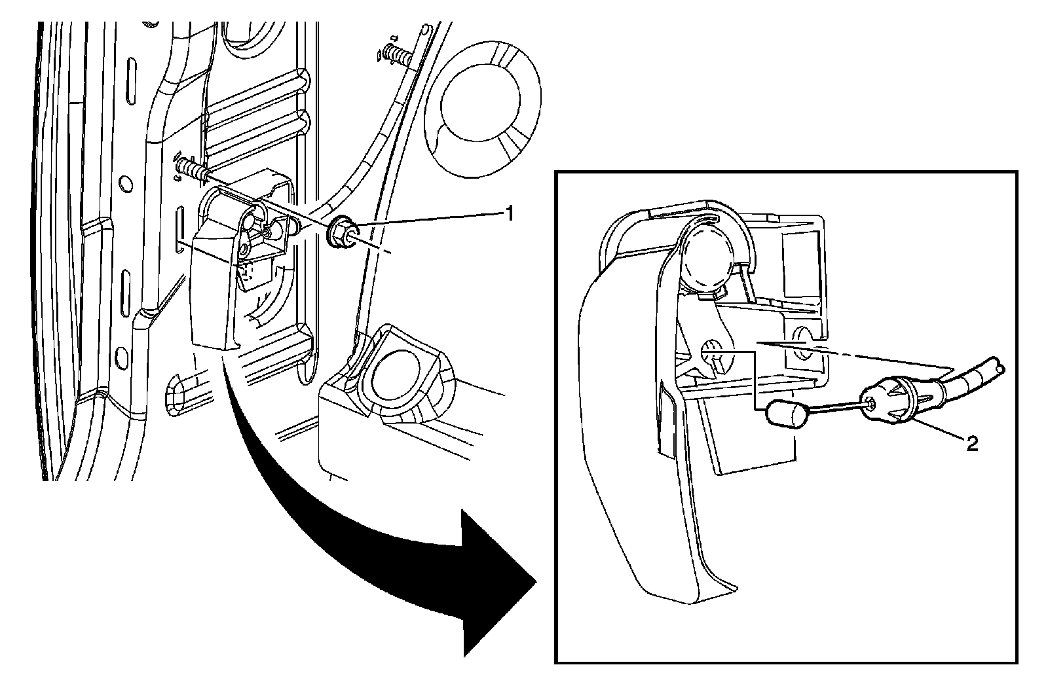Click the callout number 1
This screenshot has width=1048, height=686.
point(507,213)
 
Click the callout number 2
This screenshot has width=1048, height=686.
point(972,444)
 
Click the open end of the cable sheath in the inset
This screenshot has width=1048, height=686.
point(1000,365)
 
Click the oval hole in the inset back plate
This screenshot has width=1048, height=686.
point(803,352)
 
